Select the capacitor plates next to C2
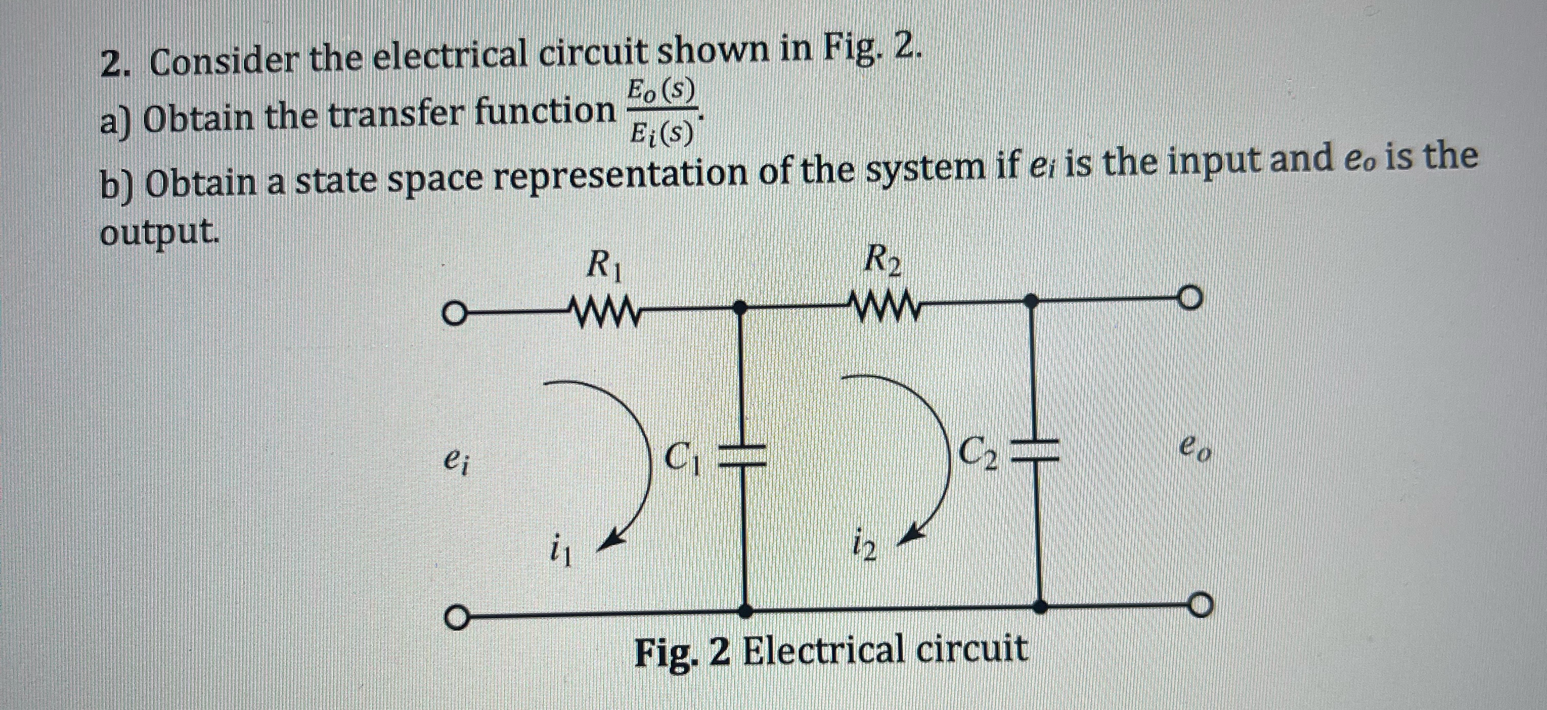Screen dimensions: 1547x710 click(x=1034, y=451)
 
